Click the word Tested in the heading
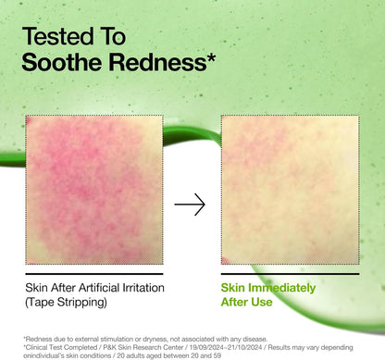[x=58, y=38]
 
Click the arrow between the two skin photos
[x=190, y=205]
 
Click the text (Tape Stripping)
[x=66, y=303]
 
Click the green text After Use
[x=247, y=303]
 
